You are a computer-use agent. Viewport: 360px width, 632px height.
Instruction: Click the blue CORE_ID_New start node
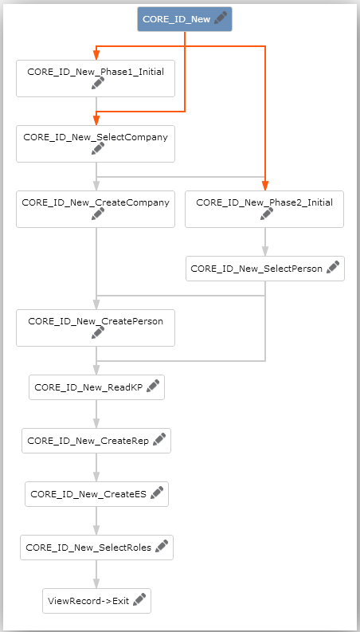pos(185,19)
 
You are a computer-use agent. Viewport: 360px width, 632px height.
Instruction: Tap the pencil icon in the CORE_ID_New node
pos(221,18)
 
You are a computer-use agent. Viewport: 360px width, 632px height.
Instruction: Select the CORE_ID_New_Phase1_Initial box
pos(96,79)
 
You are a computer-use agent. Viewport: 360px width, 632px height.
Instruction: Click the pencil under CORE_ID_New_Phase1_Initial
pos(98,83)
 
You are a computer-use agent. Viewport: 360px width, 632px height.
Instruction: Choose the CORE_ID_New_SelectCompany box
pos(96,144)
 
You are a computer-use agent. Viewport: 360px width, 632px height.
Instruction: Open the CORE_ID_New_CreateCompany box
pos(96,209)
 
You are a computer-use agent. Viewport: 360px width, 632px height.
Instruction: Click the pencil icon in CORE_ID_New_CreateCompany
pos(98,214)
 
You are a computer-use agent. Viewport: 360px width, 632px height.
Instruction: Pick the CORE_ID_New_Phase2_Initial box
pos(264,209)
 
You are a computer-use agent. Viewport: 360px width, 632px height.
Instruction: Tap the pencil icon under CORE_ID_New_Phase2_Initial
pos(267,214)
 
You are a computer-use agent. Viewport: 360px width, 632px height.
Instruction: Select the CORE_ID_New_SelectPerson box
pos(265,269)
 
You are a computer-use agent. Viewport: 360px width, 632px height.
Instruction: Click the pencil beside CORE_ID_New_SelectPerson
pos(333,267)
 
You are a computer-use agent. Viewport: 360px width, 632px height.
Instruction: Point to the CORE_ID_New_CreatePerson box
pos(96,328)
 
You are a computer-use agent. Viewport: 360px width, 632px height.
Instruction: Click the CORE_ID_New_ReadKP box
pos(96,387)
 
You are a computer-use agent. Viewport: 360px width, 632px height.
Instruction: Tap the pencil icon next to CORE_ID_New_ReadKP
pos(153,386)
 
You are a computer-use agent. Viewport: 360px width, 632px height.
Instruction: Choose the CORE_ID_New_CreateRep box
pos(96,441)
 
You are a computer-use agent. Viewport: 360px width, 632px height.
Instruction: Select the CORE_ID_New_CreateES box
pos(96,494)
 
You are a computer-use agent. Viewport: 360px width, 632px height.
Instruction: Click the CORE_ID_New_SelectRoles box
pos(96,548)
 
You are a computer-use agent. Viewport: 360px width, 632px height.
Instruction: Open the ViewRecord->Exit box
pos(96,601)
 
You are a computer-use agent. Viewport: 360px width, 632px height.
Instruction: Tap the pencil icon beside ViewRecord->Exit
pos(139,600)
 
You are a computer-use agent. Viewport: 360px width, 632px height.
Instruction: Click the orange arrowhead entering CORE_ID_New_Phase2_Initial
pos(265,186)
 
